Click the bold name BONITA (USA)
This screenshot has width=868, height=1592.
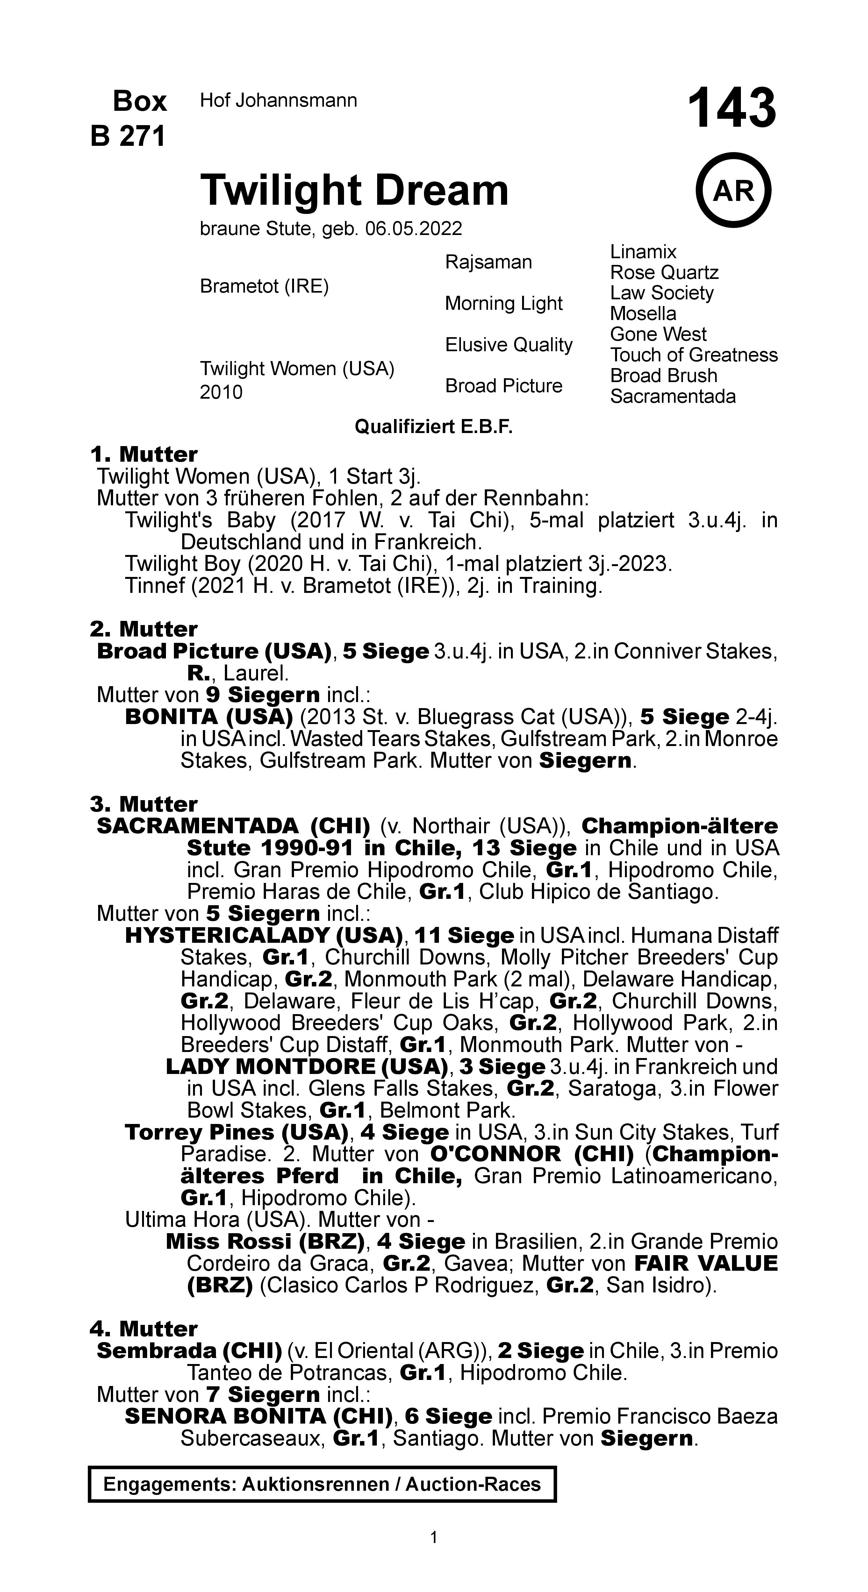[208, 717]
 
